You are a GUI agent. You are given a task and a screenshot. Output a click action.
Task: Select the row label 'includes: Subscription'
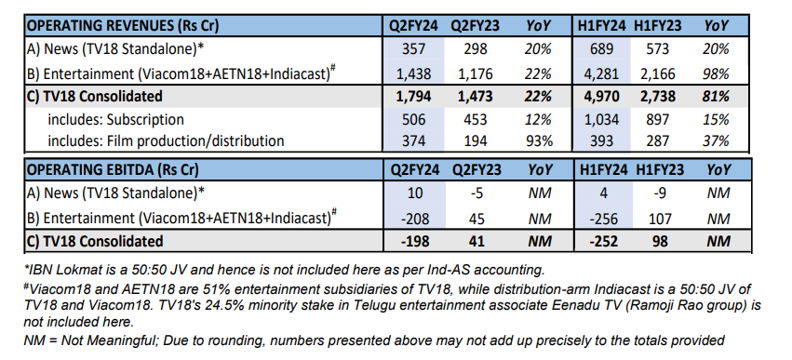pyautogui.click(x=117, y=119)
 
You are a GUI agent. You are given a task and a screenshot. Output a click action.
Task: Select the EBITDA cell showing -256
pyautogui.click(x=598, y=219)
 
